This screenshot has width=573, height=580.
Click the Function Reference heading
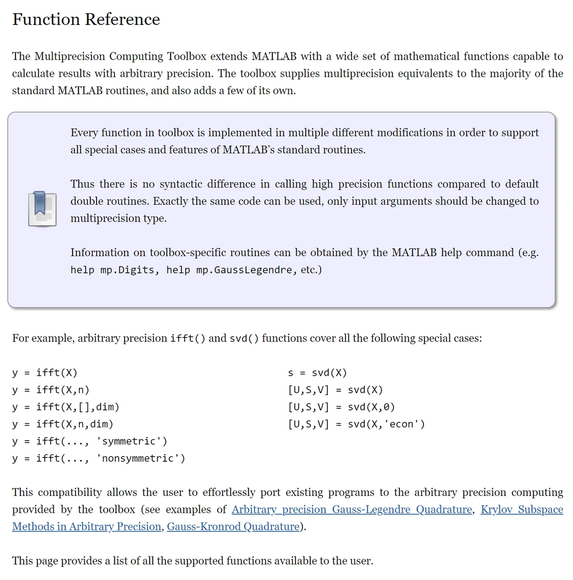(86, 19)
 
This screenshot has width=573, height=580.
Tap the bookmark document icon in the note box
(42, 209)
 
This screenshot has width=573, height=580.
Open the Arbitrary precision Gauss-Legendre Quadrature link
(351, 509)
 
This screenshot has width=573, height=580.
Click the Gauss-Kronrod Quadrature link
(233, 527)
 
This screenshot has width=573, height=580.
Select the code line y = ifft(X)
(45, 373)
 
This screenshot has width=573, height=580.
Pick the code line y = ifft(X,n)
(51, 390)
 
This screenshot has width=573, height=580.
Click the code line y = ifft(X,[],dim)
(66, 407)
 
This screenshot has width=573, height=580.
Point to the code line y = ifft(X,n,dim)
(63, 424)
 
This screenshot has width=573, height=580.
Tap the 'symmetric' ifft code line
(90, 441)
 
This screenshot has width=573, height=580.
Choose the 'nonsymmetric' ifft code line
(99, 458)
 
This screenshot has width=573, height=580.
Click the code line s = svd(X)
(317, 373)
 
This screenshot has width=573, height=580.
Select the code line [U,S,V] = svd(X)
(336, 390)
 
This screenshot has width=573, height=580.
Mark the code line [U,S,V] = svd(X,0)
(341, 407)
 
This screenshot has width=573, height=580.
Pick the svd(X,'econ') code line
(356, 424)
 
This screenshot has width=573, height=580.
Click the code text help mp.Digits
(113, 270)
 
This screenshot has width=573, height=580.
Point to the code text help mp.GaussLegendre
(229, 270)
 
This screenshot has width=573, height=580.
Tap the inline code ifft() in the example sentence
(188, 338)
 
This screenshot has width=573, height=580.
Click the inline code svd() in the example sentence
(244, 338)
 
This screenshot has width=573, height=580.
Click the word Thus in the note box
(82, 184)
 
